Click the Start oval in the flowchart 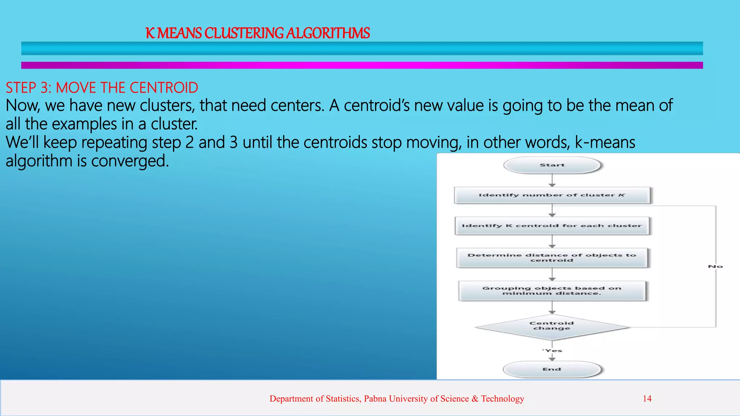point(552,165)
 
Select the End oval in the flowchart point(552,369)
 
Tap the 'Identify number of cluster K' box point(552,195)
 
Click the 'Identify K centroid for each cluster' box point(552,226)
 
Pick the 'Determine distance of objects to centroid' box point(552,257)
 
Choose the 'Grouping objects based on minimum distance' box point(552,291)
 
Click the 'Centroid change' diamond point(552,326)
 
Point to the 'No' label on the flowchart point(715,266)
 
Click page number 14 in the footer point(647,399)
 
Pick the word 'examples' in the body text point(85,124)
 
